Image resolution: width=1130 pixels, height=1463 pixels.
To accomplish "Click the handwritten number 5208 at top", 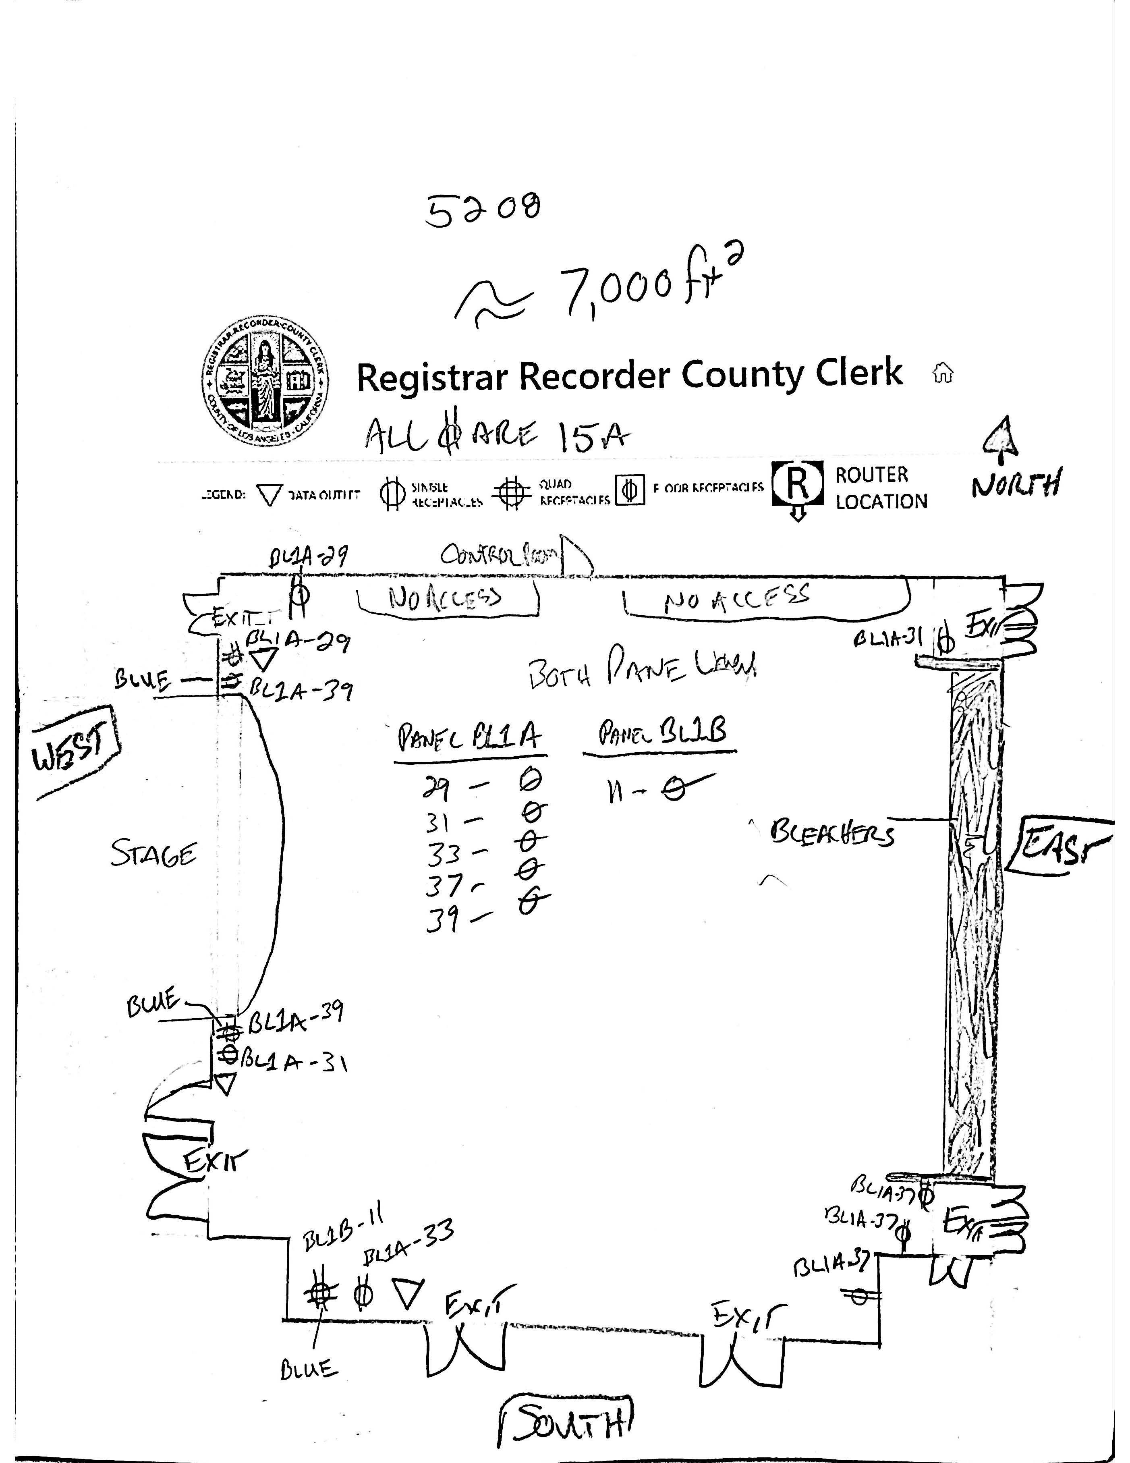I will coord(482,209).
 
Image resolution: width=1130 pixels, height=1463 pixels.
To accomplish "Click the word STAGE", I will coord(154,854).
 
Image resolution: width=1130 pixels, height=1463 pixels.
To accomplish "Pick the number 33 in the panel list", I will coord(444,854).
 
